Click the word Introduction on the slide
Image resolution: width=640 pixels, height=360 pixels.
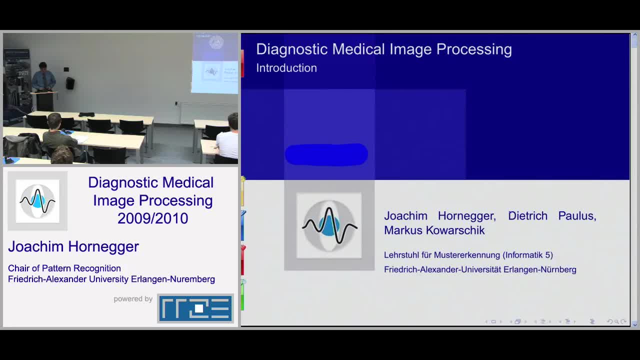click(x=286, y=68)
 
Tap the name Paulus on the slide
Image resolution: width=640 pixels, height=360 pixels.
click(x=577, y=216)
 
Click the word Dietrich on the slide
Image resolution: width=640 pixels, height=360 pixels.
click(x=527, y=215)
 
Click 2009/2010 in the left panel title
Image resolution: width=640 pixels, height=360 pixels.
click(x=153, y=218)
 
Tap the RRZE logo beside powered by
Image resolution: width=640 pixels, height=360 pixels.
click(x=195, y=308)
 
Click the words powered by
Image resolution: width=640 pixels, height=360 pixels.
click(x=133, y=299)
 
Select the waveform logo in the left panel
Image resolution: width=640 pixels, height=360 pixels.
click(x=37, y=201)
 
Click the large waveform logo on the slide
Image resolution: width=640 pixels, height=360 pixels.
click(x=329, y=225)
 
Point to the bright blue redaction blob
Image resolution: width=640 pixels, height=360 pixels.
click(x=326, y=154)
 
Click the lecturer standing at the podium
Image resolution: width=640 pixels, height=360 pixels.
click(x=43, y=77)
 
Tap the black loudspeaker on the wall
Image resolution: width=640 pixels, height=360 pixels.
click(x=70, y=83)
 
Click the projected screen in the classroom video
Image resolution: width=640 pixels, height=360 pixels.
click(x=214, y=63)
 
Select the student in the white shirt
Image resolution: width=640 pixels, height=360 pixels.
click(x=227, y=137)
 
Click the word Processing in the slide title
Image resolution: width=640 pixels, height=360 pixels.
click(x=474, y=49)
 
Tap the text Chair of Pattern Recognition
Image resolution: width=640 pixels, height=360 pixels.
click(x=64, y=268)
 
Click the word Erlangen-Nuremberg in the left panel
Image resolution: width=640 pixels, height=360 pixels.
click(x=173, y=279)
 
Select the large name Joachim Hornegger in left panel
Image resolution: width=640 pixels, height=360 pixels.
click(x=73, y=246)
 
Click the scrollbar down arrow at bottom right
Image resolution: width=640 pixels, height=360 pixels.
click(x=634, y=325)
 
